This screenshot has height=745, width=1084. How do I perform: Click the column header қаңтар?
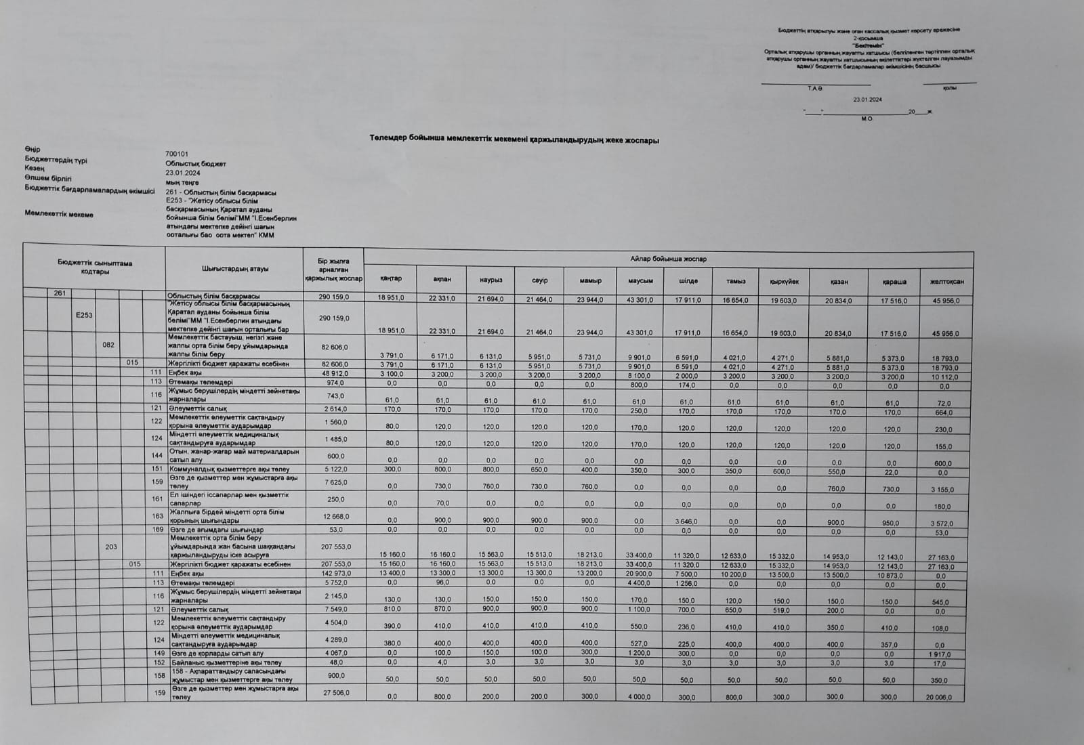pyautogui.click(x=391, y=279)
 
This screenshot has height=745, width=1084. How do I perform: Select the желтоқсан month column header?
pyautogui.click(x=946, y=282)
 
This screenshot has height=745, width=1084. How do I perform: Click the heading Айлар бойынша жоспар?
pyautogui.click(x=668, y=259)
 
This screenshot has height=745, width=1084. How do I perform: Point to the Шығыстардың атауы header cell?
pyautogui.click(x=234, y=269)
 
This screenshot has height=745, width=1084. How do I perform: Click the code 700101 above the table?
pyautogui.click(x=177, y=154)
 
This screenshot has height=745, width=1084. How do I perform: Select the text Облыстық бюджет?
pyautogui.click(x=196, y=164)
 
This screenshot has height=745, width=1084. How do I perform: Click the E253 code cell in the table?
pyautogui.click(x=84, y=315)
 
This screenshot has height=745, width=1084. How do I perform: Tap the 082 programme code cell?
pyautogui.click(x=108, y=345)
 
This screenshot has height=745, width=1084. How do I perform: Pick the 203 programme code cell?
pyautogui.click(x=111, y=547)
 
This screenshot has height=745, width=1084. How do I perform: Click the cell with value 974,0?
pyautogui.click(x=334, y=382)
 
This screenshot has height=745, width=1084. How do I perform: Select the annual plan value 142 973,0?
pyautogui.click(x=334, y=573)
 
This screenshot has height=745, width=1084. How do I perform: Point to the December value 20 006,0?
pyautogui.click(x=946, y=698)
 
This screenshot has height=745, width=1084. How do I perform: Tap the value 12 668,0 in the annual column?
pyautogui.click(x=334, y=517)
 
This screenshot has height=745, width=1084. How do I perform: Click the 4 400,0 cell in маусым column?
pyautogui.click(x=639, y=583)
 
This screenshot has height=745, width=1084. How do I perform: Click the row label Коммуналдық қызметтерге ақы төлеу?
pyautogui.click(x=230, y=469)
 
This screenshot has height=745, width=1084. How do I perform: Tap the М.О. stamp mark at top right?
pyautogui.click(x=867, y=119)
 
